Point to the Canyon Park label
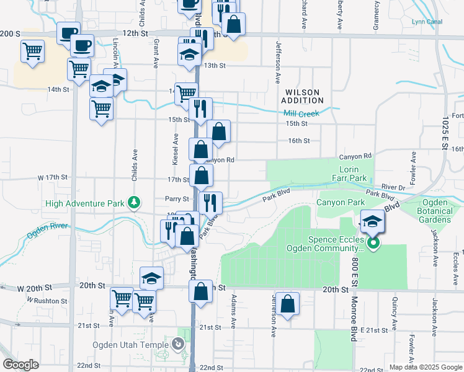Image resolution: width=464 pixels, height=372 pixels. [341, 202]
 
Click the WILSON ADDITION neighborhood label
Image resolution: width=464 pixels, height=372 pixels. [302, 96]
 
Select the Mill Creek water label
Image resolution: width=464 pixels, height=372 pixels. [301, 113]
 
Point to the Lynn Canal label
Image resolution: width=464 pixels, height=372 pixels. [427, 22]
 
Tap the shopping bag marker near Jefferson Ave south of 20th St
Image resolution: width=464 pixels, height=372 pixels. [287, 304]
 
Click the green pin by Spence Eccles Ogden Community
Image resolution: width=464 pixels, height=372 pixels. [373, 244]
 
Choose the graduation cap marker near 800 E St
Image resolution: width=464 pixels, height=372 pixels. [372, 221]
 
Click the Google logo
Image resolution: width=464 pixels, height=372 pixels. [21, 365]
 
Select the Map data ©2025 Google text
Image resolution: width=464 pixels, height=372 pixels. [425, 367]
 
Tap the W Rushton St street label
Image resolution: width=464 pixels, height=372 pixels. [47, 301]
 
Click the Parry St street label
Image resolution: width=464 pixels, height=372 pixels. [177, 199]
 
